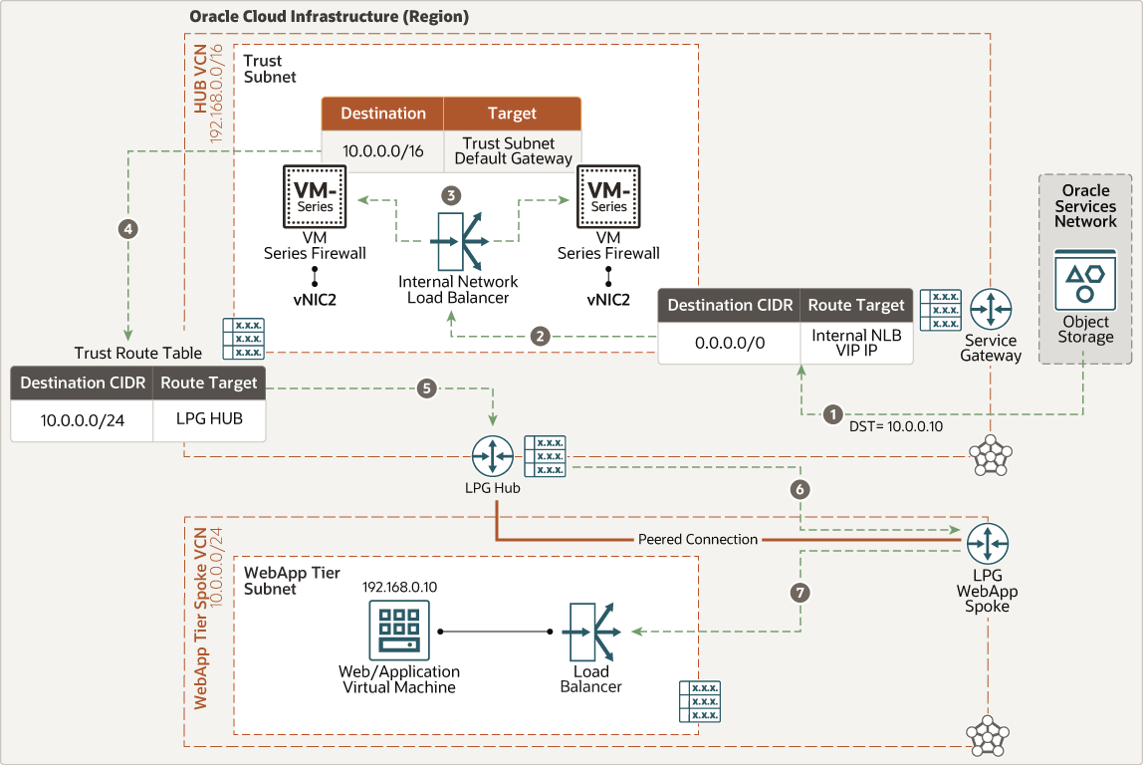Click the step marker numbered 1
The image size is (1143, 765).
[833, 413]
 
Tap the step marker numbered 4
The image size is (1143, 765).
[127, 228]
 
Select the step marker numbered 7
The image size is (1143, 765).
[800, 593]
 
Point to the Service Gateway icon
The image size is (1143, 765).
[991, 310]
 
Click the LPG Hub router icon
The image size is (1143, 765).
[494, 456]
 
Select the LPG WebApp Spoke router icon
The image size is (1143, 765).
[988, 542]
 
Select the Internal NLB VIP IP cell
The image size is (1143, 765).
[856, 343]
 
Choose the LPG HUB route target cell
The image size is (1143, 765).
[208, 419]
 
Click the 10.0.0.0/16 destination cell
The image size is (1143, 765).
[382, 149]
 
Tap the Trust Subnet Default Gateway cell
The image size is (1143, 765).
[513, 150]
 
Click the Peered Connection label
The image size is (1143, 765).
[697, 539]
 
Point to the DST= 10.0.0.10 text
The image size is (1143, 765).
[895, 426]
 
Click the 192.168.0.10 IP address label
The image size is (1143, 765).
[399, 587]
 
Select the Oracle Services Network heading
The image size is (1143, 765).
[1085, 206]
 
